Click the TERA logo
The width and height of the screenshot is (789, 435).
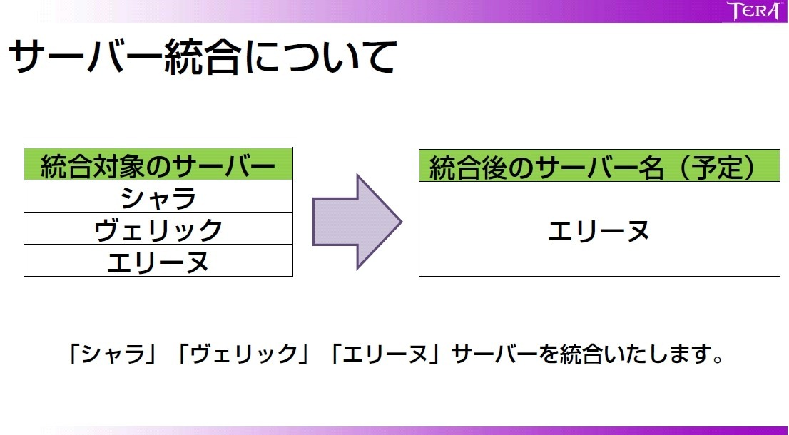[x=753, y=11]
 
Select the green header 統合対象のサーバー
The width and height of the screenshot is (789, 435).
[x=158, y=165]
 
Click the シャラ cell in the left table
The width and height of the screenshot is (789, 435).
[x=158, y=197]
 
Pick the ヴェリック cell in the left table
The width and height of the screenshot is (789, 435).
[x=158, y=229]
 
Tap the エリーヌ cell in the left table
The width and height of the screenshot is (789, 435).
[x=158, y=261]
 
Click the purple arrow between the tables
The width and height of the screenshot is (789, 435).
[x=357, y=222]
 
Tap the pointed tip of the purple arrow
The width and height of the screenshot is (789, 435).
[x=401, y=222]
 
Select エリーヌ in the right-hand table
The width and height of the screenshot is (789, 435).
[x=599, y=231]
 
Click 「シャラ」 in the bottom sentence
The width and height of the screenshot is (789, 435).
[x=112, y=354]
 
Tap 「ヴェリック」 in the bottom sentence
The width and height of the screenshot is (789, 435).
[x=243, y=354]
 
